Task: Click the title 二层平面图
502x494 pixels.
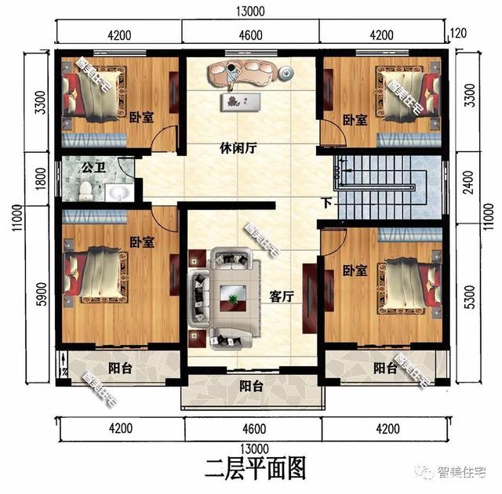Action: coord(253,468)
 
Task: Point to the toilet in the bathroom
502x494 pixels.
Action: coord(84,190)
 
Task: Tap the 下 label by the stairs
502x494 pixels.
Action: coord(326,204)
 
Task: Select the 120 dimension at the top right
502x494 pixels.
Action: coord(460,33)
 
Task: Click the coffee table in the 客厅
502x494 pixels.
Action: coord(233,296)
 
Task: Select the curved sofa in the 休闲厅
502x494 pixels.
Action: coord(244,74)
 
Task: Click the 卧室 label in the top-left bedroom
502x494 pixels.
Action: coord(141,117)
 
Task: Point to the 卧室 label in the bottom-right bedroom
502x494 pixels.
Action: coord(355,271)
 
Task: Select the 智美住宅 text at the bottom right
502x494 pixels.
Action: coord(462,471)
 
